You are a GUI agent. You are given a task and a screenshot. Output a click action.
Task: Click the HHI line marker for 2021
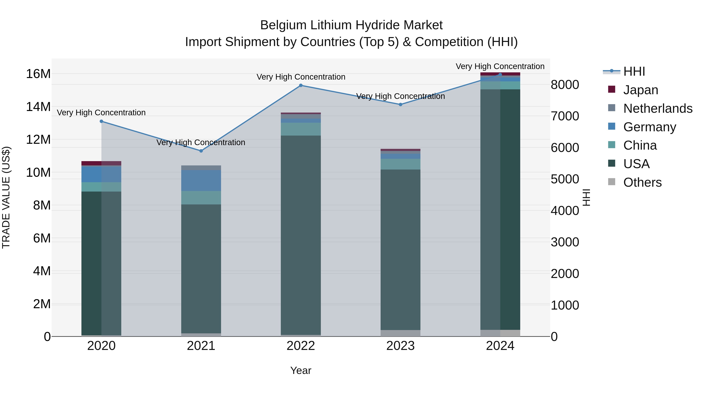(x=201, y=151)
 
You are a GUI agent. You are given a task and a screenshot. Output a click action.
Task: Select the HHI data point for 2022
(x=301, y=85)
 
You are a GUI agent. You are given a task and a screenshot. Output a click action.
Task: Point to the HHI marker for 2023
(x=400, y=104)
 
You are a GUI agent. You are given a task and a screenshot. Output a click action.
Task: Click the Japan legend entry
(x=641, y=90)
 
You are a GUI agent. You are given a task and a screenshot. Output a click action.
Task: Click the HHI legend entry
(x=634, y=71)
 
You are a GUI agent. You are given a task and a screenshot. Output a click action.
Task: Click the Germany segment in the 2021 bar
(x=201, y=180)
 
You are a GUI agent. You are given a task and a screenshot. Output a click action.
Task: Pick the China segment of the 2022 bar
(x=301, y=129)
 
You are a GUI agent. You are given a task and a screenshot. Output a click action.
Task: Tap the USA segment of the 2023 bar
(x=400, y=249)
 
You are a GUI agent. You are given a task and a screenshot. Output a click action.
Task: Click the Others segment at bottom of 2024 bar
(x=500, y=333)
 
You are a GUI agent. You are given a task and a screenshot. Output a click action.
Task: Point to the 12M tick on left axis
(x=38, y=140)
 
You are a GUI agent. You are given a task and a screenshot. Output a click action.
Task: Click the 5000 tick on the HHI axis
(x=565, y=179)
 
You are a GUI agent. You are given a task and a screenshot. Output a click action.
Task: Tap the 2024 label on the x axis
(x=500, y=346)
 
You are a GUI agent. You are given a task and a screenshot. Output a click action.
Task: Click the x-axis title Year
(x=301, y=370)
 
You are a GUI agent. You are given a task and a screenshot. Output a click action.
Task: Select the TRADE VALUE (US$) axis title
(x=6, y=197)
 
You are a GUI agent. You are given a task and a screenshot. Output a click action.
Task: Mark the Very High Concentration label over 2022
(x=301, y=77)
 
